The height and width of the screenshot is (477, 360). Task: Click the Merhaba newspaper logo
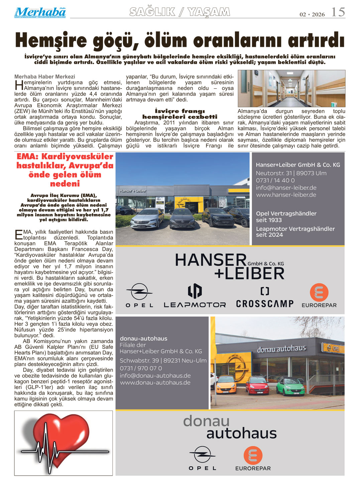point(40,12)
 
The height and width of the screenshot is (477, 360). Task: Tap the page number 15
point(338,12)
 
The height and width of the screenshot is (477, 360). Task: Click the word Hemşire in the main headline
point(51,40)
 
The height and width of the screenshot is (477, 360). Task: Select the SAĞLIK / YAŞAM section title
point(180,12)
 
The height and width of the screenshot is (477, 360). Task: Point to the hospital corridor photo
point(291,88)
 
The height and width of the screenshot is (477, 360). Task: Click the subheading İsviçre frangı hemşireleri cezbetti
point(180,114)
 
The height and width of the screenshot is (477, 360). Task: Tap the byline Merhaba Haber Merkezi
point(45,77)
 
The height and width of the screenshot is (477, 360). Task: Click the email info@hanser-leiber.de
point(286,188)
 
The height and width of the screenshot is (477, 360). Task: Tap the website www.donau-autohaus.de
point(155,382)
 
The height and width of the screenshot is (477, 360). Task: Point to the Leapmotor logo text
point(195,305)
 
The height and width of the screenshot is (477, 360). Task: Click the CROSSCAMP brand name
point(265,303)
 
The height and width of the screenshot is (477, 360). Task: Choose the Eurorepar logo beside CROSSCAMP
point(319,296)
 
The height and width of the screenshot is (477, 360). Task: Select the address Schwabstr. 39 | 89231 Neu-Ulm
point(163,361)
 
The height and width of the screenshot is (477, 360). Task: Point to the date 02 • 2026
point(312,14)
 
